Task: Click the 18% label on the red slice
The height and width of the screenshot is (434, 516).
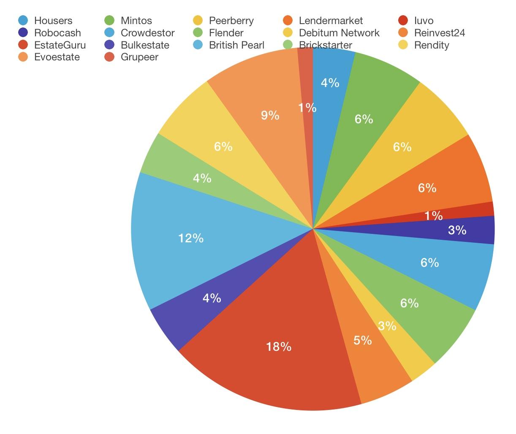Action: pos(279,347)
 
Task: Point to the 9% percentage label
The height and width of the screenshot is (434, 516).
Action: pos(270,115)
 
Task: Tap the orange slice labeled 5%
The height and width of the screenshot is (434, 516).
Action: pos(372,359)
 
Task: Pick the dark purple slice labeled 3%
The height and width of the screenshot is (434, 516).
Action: pos(473,230)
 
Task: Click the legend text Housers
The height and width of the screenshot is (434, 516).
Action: pos(53,21)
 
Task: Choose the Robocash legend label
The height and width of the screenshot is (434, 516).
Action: pos(57,33)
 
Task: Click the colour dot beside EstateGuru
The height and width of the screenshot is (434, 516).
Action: pos(24,45)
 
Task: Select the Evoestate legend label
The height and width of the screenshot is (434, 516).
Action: pos(57,57)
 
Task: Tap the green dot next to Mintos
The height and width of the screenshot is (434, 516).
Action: pos(110,21)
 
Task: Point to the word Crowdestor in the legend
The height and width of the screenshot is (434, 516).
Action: pos(147,33)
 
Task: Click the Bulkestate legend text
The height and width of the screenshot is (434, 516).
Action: pos(145,45)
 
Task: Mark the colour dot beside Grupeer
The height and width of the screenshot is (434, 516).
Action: pos(110,57)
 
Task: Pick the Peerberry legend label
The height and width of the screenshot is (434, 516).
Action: pos(231,21)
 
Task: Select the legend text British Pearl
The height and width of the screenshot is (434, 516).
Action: pos(236,45)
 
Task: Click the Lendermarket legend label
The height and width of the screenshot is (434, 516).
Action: pos(331,21)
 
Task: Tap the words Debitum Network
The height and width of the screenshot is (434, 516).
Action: pos(339,33)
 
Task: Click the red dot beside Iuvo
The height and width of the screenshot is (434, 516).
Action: pos(403,21)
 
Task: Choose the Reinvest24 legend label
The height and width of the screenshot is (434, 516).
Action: pos(440,33)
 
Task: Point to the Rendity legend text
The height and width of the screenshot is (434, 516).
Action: pos(432,45)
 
